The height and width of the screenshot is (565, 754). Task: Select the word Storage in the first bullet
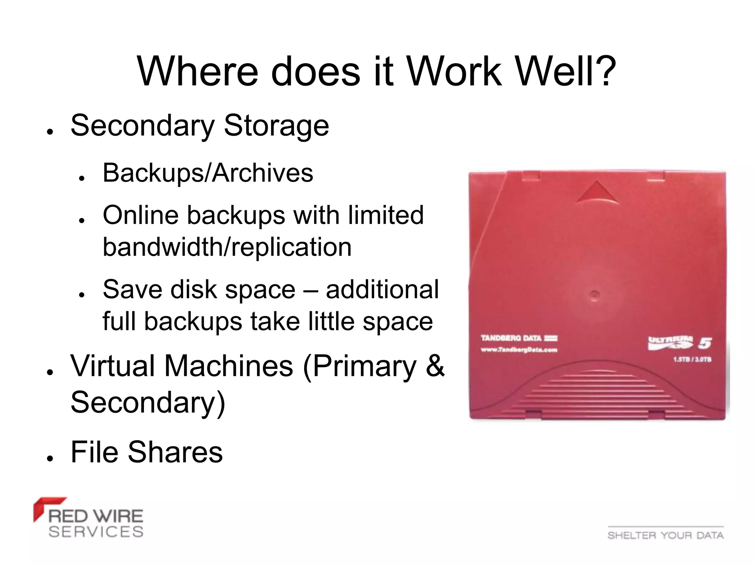[x=276, y=125]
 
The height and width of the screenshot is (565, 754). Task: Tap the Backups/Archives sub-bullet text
[x=208, y=173]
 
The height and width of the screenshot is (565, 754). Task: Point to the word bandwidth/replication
[x=227, y=247]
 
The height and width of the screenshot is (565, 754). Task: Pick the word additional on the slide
[x=382, y=289]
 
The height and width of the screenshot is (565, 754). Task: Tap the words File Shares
[x=147, y=452]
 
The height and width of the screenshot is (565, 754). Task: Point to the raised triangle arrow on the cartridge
[x=597, y=192]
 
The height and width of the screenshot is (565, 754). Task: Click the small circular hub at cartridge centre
[x=595, y=294]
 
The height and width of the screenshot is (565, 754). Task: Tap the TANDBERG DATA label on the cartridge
[x=511, y=338]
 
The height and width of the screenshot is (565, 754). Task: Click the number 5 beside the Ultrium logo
[x=705, y=343]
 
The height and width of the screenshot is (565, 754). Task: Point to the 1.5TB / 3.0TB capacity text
[x=692, y=359]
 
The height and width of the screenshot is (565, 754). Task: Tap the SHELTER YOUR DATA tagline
[x=665, y=535]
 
